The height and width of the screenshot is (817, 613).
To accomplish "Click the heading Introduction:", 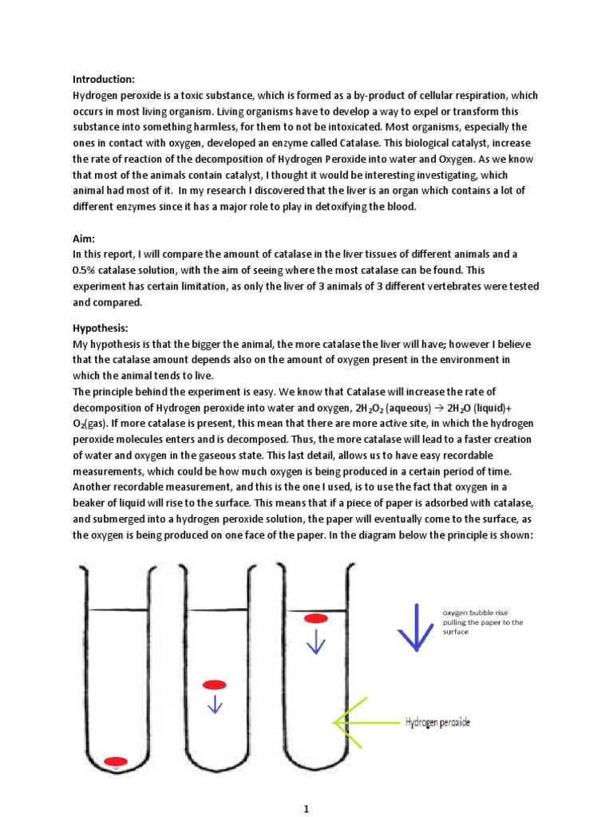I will [x=104, y=79].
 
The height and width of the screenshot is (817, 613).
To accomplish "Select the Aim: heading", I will [x=84, y=238].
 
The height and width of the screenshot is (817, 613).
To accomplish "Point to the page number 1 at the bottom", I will [x=306, y=787].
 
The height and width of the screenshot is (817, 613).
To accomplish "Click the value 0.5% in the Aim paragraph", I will [x=86, y=270].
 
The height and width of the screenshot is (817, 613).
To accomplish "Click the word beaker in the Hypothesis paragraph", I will [x=93, y=503].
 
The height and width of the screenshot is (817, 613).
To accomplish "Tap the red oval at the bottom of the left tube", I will [x=116, y=760].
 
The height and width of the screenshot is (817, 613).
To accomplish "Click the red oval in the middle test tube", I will [x=215, y=685].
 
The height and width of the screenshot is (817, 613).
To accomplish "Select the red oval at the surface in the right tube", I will [x=316, y=618].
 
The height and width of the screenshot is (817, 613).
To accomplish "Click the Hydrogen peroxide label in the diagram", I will [x=437, y=722].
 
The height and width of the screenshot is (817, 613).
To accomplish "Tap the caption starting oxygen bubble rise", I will [x=483, y=622].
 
